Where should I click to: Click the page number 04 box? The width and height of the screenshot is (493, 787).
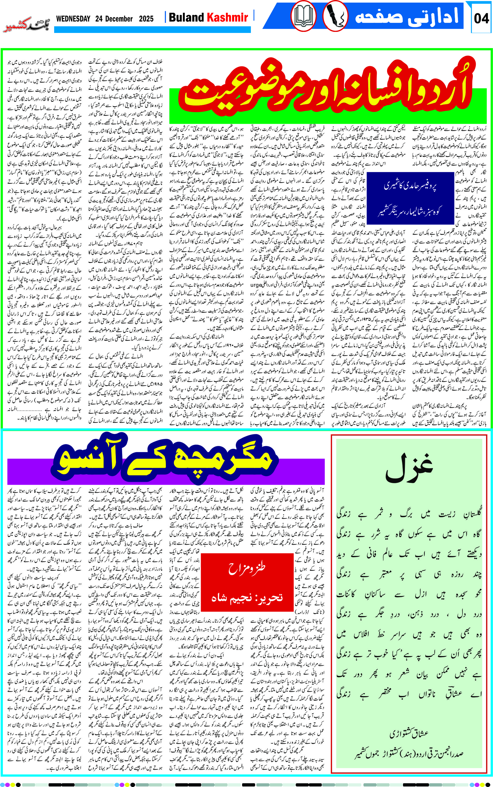481,19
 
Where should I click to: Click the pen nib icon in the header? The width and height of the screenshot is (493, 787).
335,16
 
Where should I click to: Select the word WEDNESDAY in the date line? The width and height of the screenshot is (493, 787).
73,19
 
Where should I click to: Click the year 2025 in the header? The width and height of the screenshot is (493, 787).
146,19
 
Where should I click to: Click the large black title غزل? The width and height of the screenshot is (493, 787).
409,469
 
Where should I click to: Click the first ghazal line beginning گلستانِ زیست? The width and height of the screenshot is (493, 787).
409,515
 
